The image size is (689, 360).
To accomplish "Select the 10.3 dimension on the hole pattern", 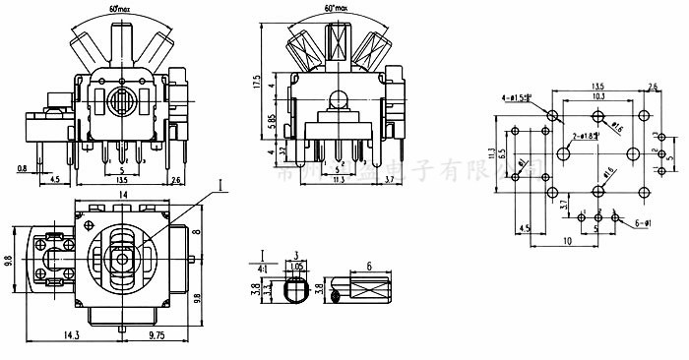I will pyautogui.click(x=598, y=96).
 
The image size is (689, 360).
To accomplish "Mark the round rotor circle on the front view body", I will pyautogui.click(x=120, y=102).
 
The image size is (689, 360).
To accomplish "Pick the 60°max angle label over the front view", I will pyautogui.click(x=120, y=7).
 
